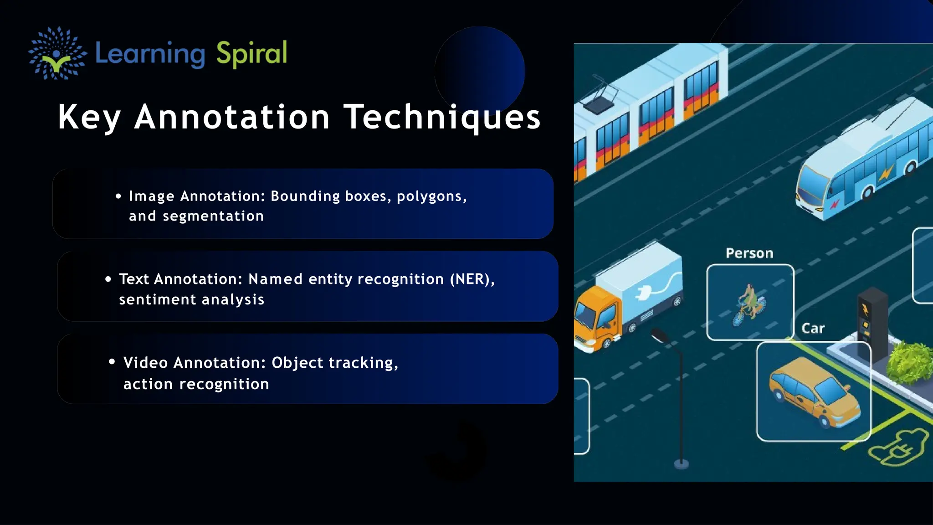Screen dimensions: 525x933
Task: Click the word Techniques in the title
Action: [x=442, y=117]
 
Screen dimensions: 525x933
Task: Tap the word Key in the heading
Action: [x=89, y=117]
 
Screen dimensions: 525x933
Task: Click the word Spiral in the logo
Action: [x=251, y=53]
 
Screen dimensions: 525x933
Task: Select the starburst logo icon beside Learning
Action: [x=57, y=53]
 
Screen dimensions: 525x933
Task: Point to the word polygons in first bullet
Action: [x=431, y=196]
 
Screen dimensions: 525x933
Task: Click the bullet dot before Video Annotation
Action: [x=112, y=362]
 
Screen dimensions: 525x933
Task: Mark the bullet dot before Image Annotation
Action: [x=118, y=196]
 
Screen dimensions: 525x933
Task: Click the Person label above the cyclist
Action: [x=749, y=253]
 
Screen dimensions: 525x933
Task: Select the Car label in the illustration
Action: [x=813, y=329]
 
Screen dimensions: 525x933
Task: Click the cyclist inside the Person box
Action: [x=749, y=304]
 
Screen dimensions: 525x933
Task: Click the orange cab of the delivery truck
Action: [x=595, y=319]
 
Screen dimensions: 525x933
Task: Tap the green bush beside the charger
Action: [x=909, y=363]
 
